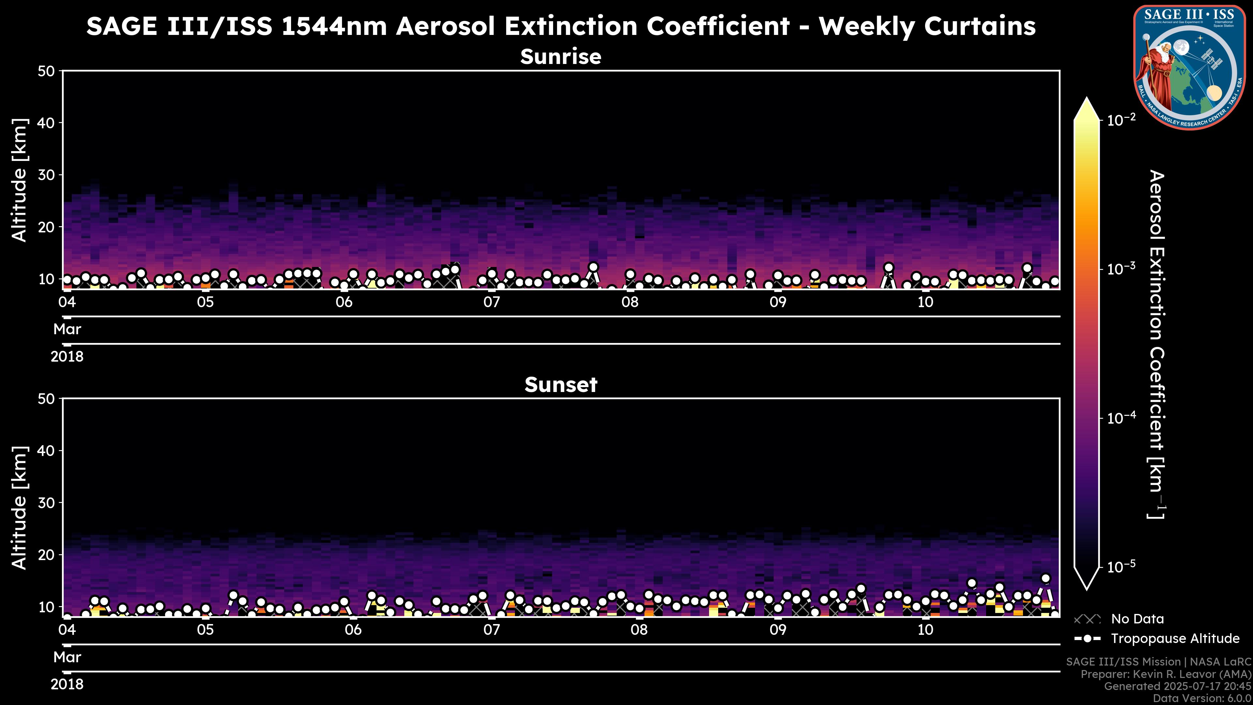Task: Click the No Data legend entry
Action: [1137, 619]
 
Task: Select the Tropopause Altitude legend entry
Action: [1175, 638]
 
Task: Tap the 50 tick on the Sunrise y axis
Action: [47, 71]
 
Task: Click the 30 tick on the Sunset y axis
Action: [47, 503]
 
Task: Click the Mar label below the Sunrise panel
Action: [67, 329]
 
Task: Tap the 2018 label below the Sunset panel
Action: [67, 684]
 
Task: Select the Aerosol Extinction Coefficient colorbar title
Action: [1156, 344]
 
